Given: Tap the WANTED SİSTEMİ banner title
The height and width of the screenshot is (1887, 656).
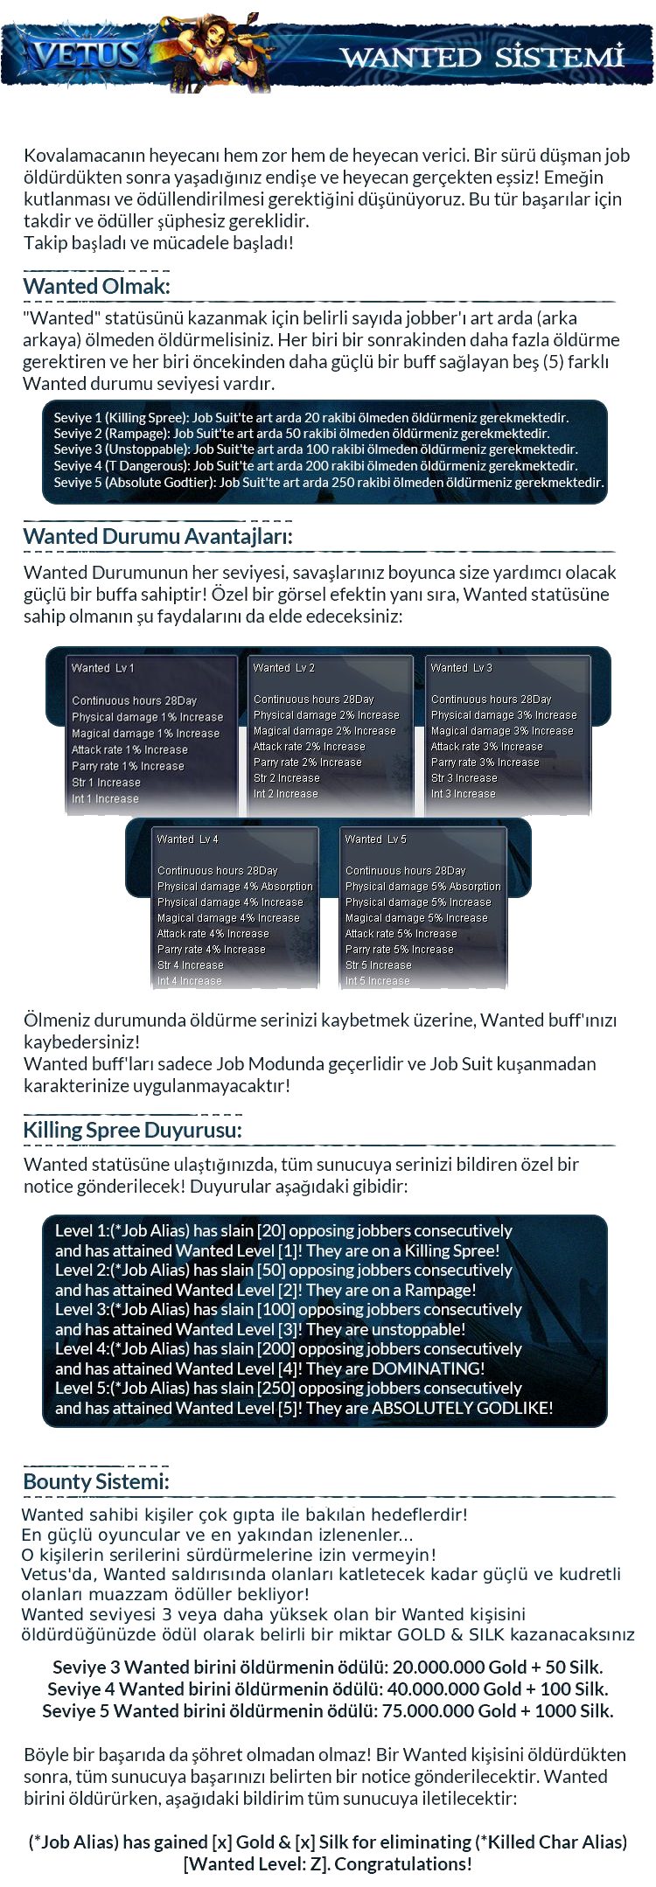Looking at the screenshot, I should pyautogui.click(x=482, y=57).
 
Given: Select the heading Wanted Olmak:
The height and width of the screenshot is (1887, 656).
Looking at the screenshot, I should pyautogui.click(x=96, y=287).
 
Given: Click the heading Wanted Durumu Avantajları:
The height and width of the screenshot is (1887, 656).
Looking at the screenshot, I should pyautogui.click(x=157, y=537).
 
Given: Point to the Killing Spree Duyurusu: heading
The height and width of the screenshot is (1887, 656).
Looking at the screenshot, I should pyautogui.click(x=132, y=1130).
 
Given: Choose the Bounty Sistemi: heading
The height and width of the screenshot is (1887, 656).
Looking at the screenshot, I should pyautogui.click(x=96, y=1481).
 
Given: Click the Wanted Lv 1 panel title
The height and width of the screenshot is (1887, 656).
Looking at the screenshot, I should pyautogui.click(x=102, y=668).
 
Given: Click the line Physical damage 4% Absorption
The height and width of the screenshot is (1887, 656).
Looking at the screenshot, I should pyautogui.click(x=234, y=887).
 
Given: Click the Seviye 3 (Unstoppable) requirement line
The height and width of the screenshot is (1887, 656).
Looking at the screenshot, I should pyautogui.click(x=315, y=449).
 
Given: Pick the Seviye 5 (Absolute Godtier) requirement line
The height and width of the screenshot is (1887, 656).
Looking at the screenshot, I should pyautogui.click(x=328, y=482).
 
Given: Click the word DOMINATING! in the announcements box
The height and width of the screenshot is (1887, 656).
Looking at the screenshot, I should pyautogui.click(x=428, y=1368).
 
